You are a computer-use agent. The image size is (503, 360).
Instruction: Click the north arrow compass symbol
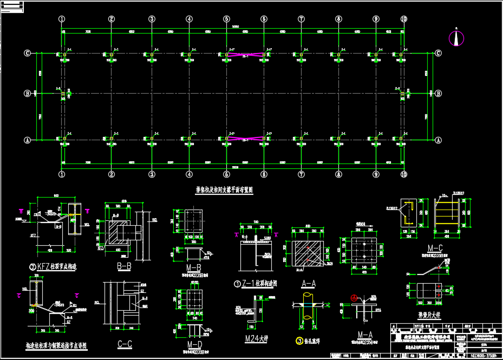point(457,38)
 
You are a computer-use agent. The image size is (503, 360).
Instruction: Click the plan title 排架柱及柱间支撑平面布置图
point(224,190)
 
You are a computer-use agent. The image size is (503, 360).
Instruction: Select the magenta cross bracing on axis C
point(246,55)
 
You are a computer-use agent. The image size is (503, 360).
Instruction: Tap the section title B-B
point(124,266)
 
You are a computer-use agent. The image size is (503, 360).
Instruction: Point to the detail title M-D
point(194,345)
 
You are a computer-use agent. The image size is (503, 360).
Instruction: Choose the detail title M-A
point(364,335)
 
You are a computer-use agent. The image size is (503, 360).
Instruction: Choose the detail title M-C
point(435,247)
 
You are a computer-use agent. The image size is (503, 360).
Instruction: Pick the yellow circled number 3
point(299,341)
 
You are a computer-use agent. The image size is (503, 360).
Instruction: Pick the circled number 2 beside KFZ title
point(32,266)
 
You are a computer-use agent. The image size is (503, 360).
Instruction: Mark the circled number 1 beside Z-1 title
point(237,284)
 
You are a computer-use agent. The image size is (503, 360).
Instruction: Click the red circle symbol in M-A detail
point(354,297)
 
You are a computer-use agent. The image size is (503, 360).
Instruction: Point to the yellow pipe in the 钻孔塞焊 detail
point(306,306)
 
